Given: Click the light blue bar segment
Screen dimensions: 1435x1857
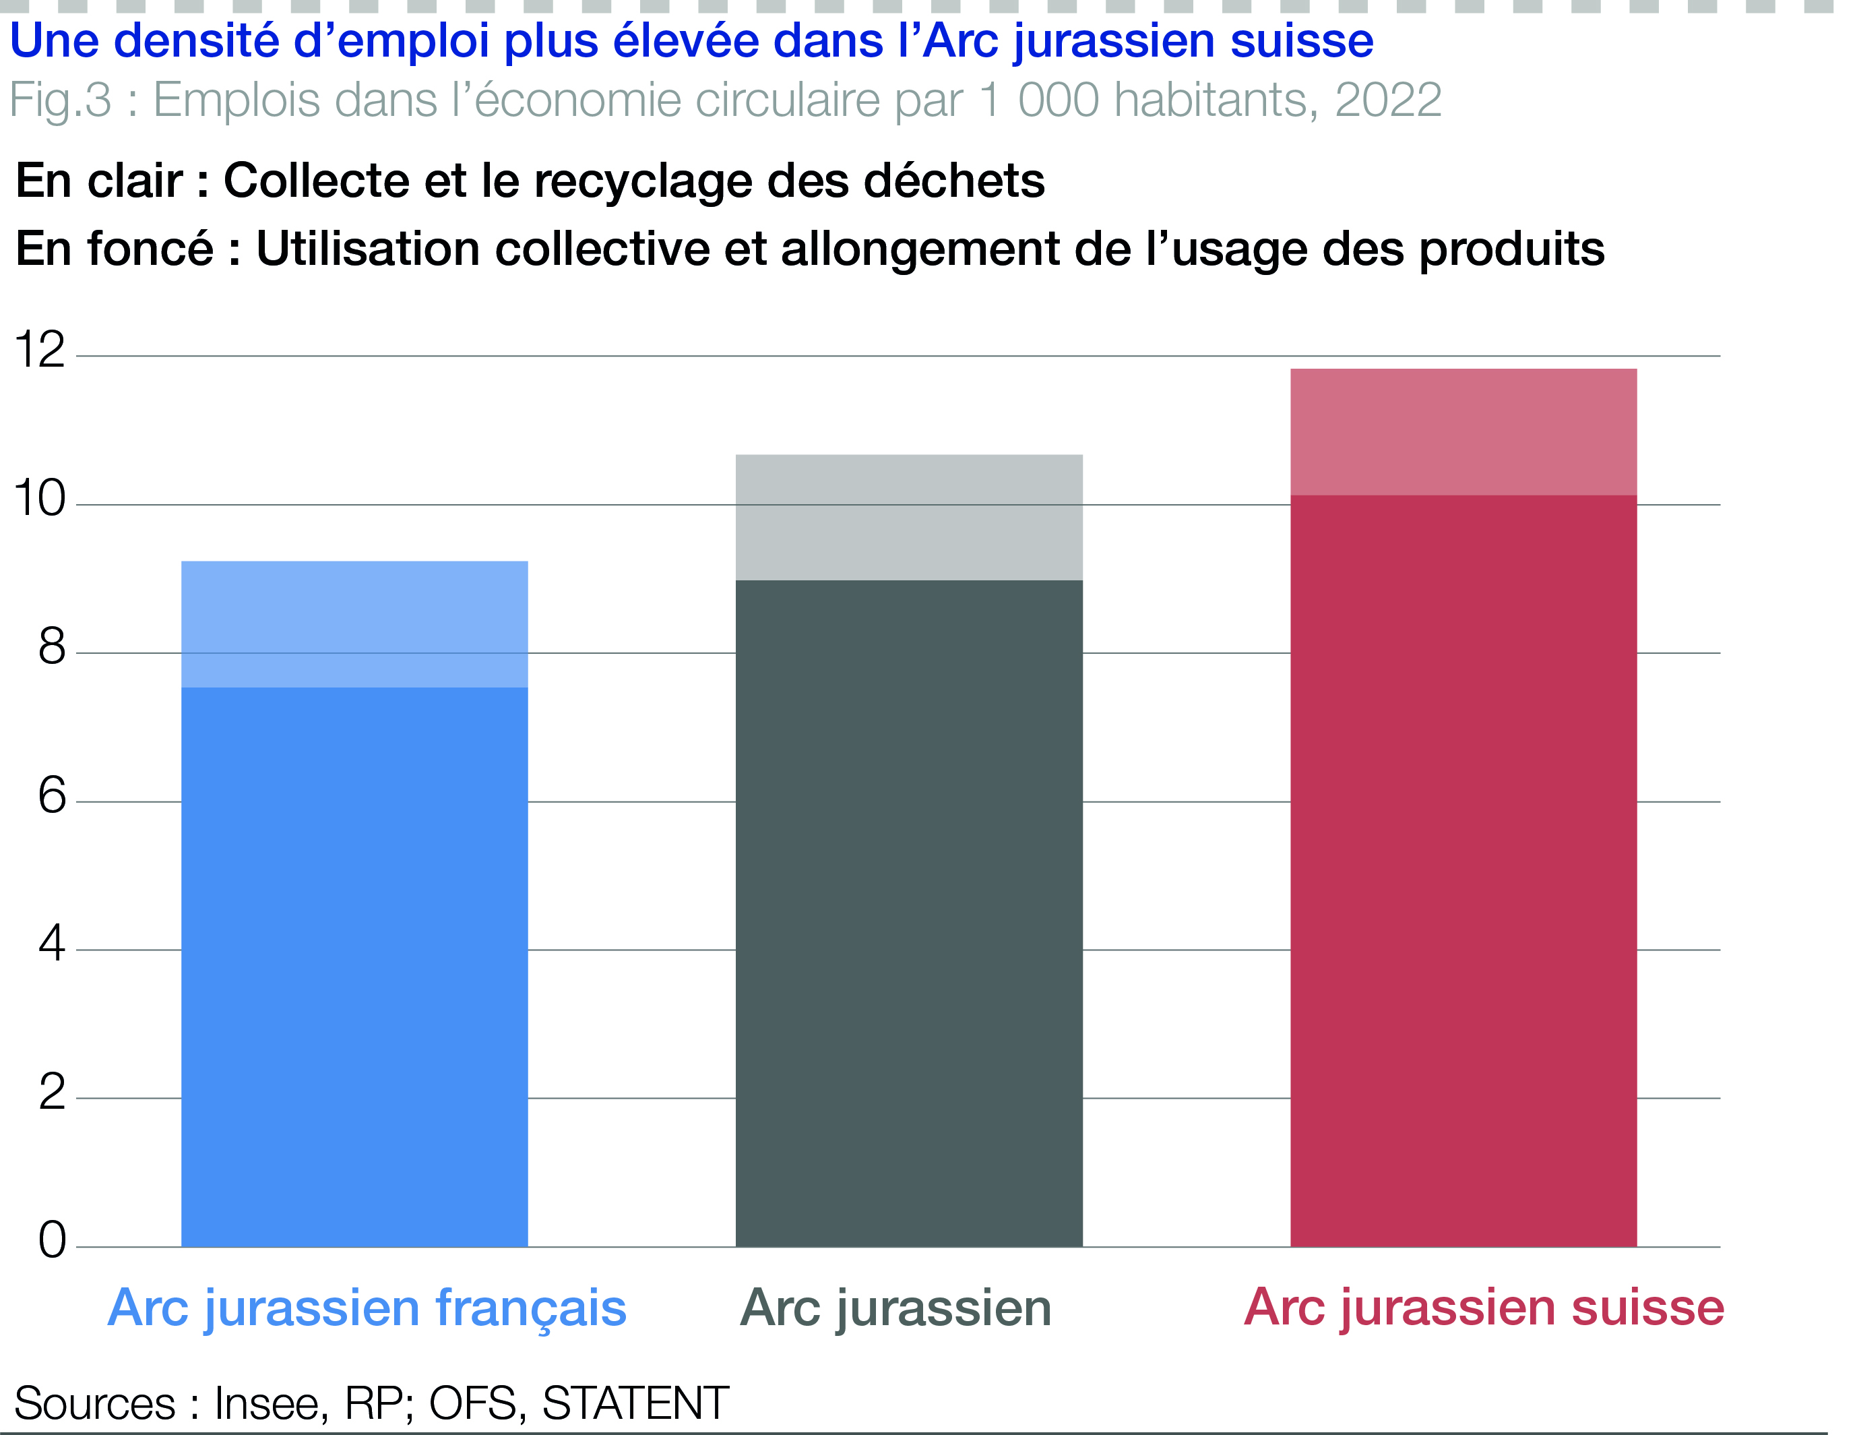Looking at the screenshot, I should [354, 623].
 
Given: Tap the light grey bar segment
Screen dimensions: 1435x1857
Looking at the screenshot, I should [909, 517].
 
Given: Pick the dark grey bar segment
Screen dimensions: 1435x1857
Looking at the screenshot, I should [909, 913].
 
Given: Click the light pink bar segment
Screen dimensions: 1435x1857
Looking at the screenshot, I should [1463, 431].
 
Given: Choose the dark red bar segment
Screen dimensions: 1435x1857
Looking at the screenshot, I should [1463, 870].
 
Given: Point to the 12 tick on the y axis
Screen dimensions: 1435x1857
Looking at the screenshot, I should [40, 350].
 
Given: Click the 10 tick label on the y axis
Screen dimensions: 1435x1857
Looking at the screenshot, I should [40, 499].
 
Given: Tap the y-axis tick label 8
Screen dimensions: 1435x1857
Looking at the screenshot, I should [52, 647].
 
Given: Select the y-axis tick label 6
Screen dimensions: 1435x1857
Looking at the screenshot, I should [52, 796].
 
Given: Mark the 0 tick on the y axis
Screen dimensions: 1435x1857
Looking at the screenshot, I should [52, 1240].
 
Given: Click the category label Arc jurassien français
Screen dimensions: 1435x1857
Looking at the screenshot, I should [367, 1308].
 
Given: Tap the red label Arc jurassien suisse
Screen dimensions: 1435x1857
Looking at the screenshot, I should [1484, 1308].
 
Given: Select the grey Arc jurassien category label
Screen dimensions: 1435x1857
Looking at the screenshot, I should [895, 1308].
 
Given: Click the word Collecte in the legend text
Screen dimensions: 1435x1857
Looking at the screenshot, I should [316, 181].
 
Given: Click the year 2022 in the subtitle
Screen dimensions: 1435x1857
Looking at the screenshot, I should [1387, 100].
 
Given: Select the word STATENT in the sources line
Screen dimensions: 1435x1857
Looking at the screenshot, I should [635, 1403].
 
